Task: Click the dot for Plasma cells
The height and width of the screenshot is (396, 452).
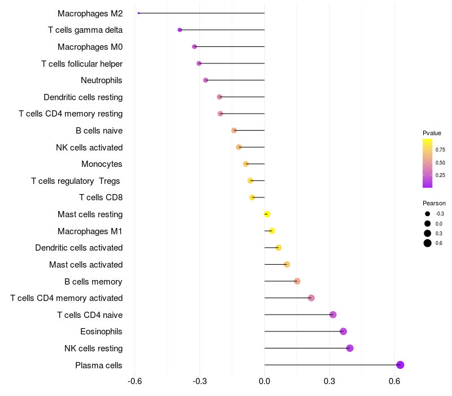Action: [400, 365]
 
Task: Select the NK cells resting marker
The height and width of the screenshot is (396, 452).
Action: [350, 348]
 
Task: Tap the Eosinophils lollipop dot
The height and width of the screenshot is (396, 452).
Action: [343, 332]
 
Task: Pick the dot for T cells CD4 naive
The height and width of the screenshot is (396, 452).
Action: [333, 315]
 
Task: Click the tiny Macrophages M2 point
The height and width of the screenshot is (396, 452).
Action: [138, 13]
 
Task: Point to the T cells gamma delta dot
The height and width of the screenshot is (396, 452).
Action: [180, 30]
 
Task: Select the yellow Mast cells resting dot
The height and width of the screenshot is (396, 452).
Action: [267, 214]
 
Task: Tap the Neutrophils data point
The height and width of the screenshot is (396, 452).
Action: [206, 80]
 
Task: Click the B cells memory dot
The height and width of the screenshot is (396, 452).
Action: [297, 281]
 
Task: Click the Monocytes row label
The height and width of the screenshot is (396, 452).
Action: [102, 164]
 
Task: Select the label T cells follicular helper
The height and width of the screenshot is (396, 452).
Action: [82, 63]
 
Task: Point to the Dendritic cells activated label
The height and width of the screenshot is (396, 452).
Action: [79, 248]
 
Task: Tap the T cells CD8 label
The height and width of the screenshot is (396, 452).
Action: [101, 197]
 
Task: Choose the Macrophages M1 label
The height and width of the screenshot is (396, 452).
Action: [90, 231]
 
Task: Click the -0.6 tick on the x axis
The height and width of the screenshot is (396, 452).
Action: [134, 381]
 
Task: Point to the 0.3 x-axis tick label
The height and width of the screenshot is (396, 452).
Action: [329, 381]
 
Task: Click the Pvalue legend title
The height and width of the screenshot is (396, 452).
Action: [432, 133]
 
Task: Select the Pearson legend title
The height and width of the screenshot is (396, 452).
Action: [434, 203]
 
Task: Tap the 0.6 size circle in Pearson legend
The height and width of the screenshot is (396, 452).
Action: [428, 243]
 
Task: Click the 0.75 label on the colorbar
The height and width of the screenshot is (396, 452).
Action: [440, 150]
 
